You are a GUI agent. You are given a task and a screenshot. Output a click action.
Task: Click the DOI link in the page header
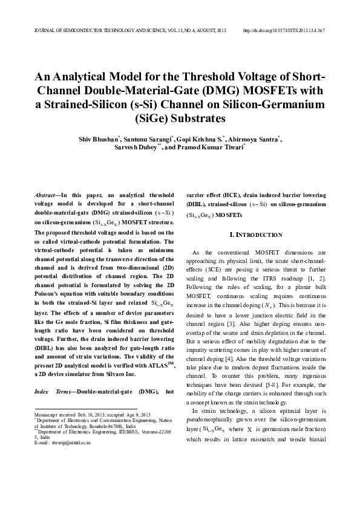(284, 30)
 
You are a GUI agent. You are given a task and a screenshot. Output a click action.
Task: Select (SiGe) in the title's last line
(180, 118)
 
